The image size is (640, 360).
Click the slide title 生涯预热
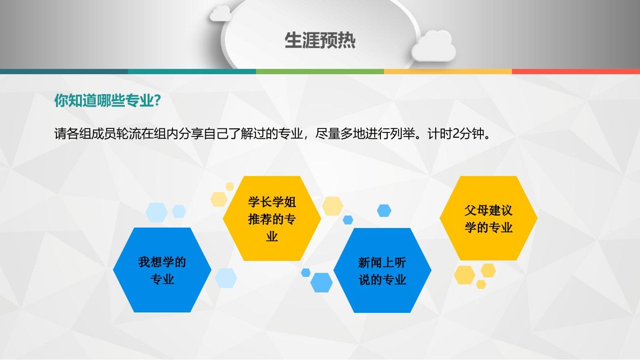tap(320, 40)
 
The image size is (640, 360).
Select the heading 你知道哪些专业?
tap(108, 100)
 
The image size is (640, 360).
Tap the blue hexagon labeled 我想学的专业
tap(162, 270)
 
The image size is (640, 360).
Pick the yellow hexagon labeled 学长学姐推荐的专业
tap(272, 218)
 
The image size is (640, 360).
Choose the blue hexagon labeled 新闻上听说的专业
tap(382, 270)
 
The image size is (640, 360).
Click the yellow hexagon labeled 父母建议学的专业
tap(488, 218)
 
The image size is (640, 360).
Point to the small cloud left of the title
tap(220, 13)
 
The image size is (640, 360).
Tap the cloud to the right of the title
tap(433, 46)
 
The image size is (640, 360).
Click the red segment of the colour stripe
tap(576, 72)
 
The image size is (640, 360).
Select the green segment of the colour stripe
tap(320, 72)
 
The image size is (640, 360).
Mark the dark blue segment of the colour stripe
tap(64, 72)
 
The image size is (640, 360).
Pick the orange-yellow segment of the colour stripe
tap(448, 72)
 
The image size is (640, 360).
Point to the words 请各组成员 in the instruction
tap(85, 133)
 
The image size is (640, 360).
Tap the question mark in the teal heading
tap(157, 100)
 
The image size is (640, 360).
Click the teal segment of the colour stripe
tap(192, 72)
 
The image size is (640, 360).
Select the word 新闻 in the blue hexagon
tap(370, 263)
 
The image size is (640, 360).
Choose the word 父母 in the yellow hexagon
tap(476, 211)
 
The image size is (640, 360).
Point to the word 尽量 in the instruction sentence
tap(328, 133)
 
